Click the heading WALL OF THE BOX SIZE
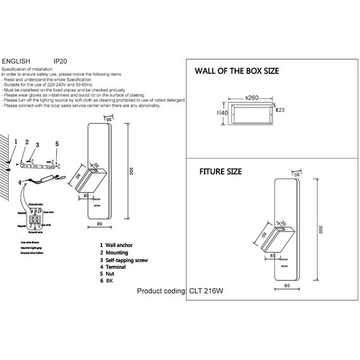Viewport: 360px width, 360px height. (x=236, y=71)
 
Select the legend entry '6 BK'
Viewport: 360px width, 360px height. (x=109, y=282)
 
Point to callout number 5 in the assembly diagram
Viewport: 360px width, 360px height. (x=56, y=144)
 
